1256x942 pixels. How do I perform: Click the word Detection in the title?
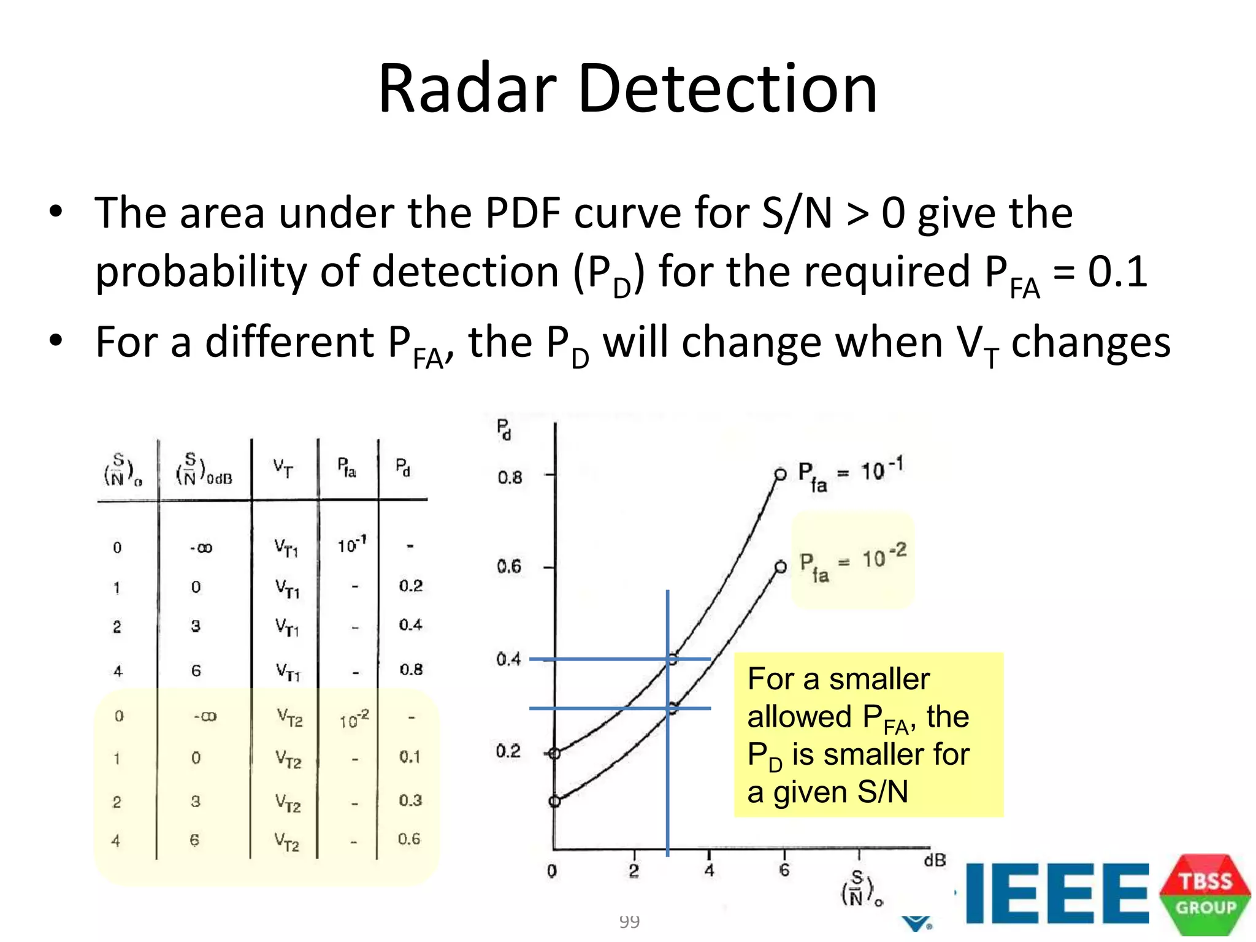pyautogui.click(x=727, y=90)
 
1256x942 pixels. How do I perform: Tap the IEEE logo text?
pyautogui.click(x=1056, y=893)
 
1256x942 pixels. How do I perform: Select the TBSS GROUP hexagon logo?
pyautogui.click(x=1204, y=895)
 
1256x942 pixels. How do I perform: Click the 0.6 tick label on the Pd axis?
pyautogui.click(x=509, y=566)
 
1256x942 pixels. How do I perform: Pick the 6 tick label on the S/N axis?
pyautogui.click(x=784, y=870)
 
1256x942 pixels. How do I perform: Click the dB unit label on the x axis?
pyautogui.click(x=935, y=860)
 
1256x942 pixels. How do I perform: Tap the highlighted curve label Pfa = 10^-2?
pyautogui.click(x=853, y=562)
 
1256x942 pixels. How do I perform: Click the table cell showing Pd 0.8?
pyautogui.click(x=411, y=669)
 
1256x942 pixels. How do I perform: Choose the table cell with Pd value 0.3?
pyautogui.click(x=410, y=800)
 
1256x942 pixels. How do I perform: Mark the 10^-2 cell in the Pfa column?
pyautogui.click(x=354, y=719)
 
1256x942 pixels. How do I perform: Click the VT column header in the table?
pyautogui.click(x=283, y=469)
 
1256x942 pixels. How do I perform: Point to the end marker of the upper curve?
pyautogui.click(x=780, y=474)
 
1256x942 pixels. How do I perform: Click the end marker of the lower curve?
pyautogui.click(x=780, y=567)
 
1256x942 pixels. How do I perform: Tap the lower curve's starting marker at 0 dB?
pyautogui.click(x=554, y=801)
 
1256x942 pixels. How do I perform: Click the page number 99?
pyautogui.click(x=629, y=921)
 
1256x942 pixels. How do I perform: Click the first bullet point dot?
pyautogui.click(x=56, y=212)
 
